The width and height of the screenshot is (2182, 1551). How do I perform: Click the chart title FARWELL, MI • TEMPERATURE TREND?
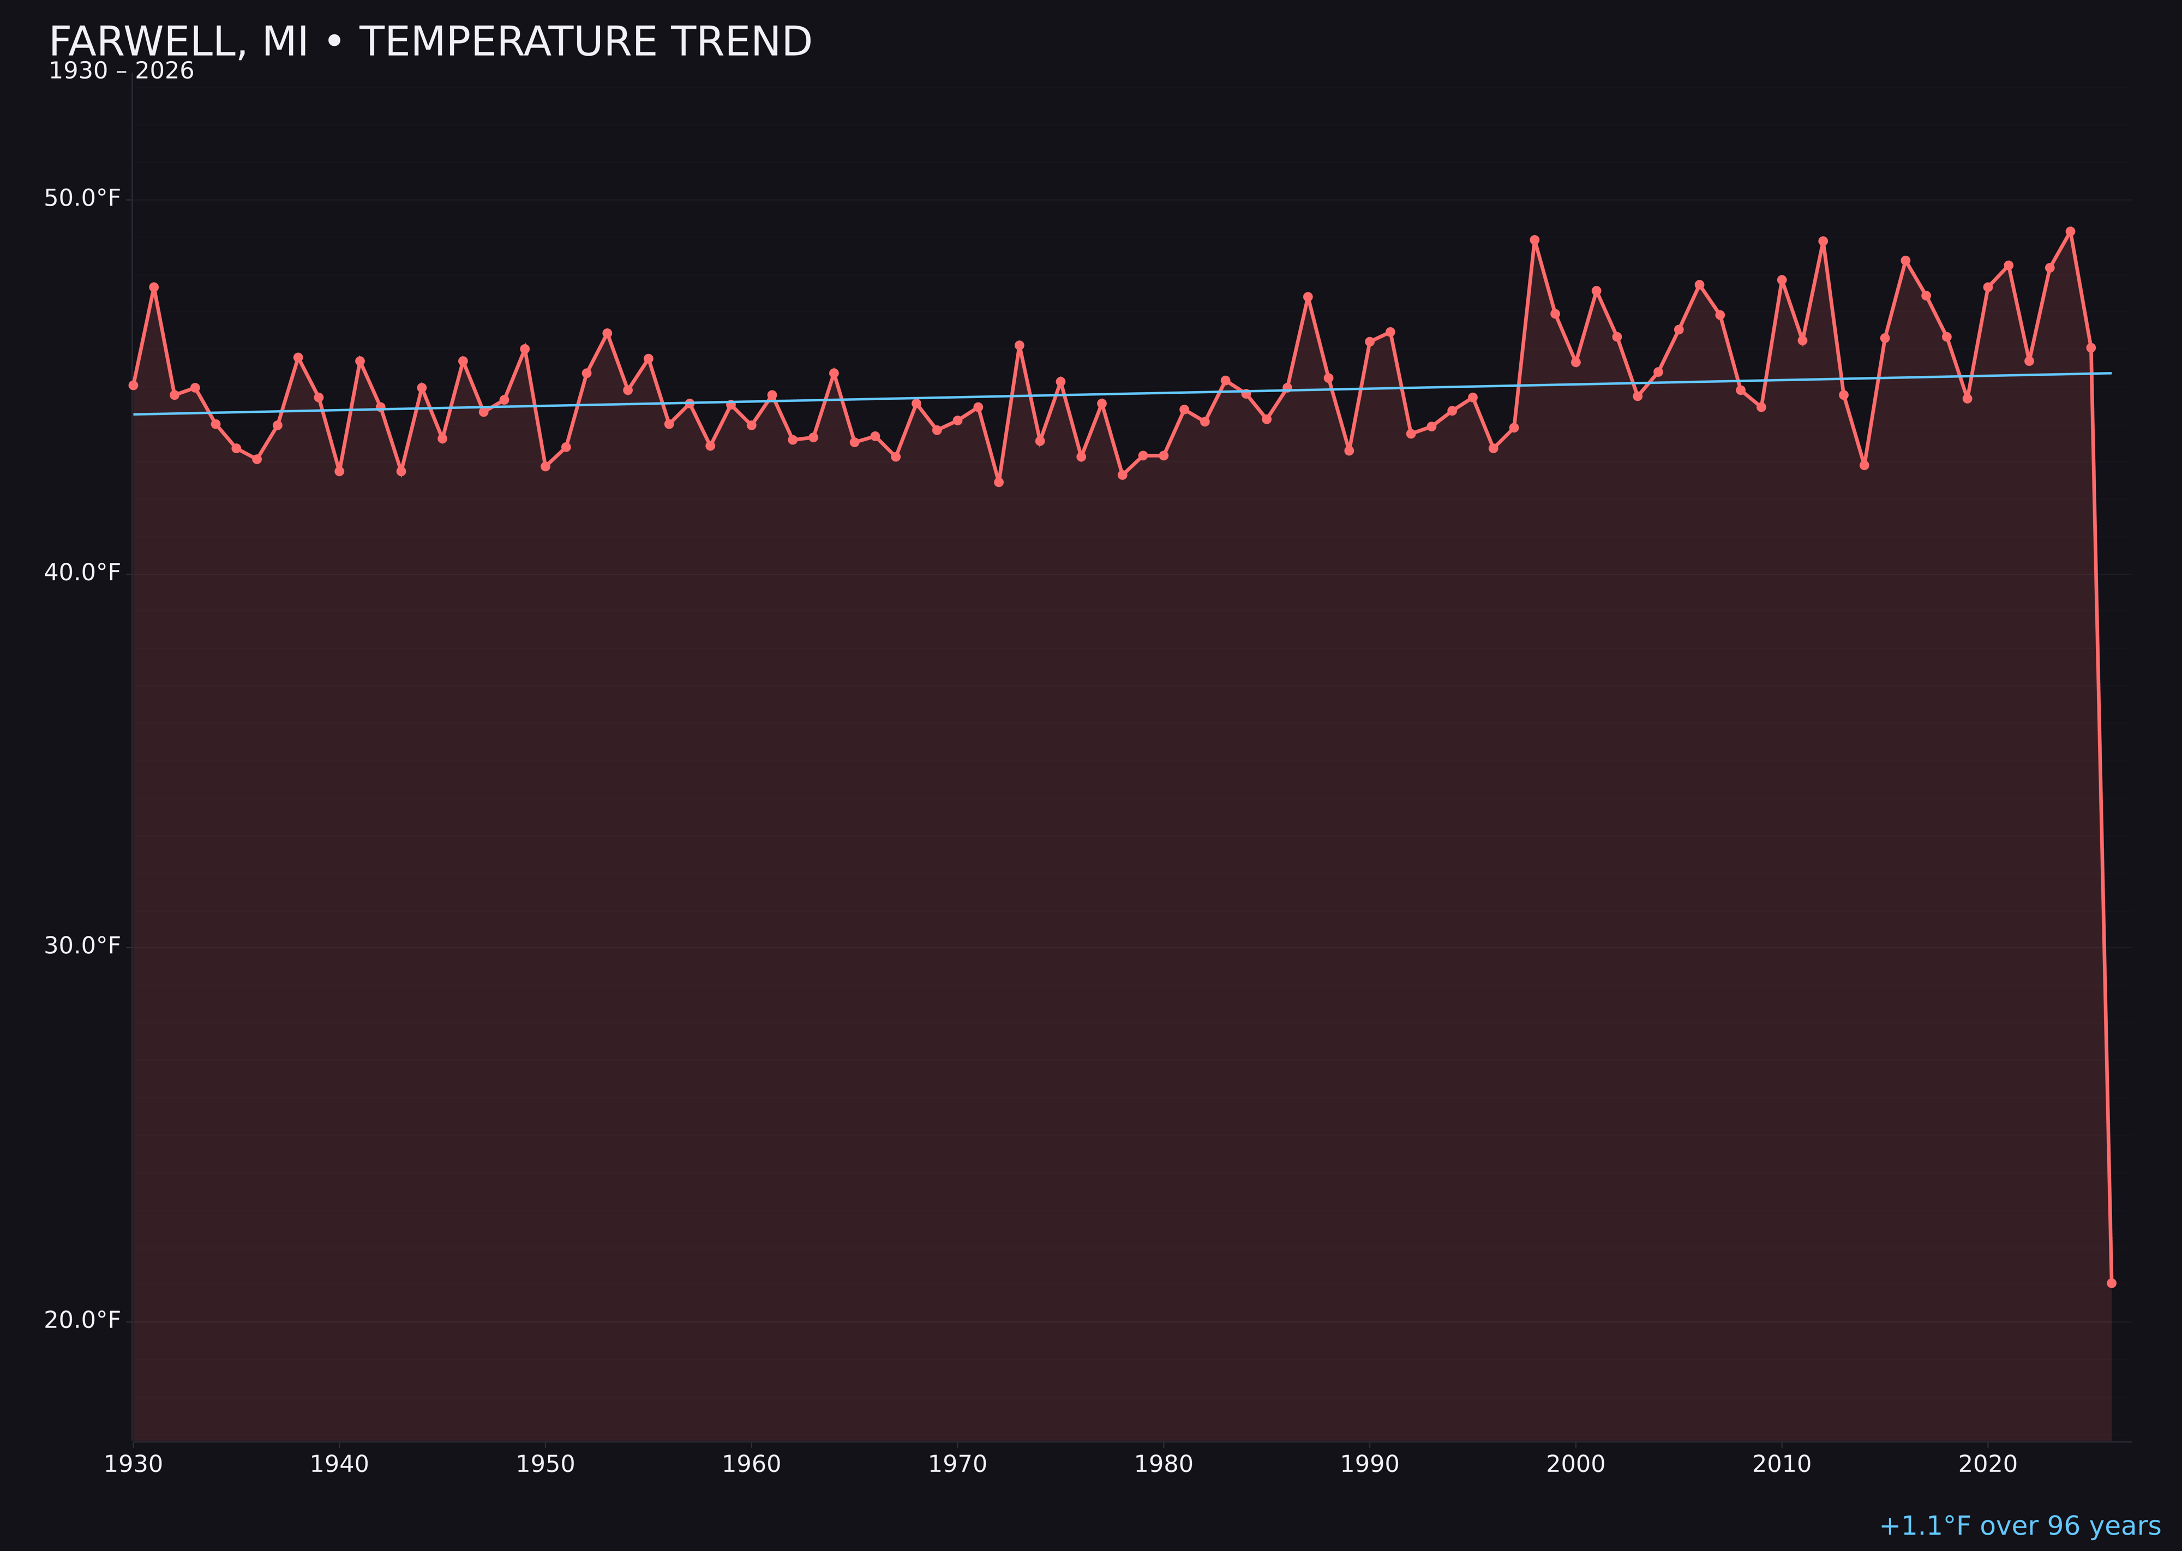[x=430, y=42]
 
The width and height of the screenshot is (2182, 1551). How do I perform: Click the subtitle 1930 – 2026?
[x=121, y=71]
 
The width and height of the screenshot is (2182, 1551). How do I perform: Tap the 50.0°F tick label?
[x=82, y=198]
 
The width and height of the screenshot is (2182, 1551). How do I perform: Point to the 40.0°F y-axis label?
[x=82, y=572]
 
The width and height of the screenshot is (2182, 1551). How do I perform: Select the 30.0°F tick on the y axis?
[x=82, y=946]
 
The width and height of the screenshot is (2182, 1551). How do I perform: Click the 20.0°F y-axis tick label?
[x=82, y=1320]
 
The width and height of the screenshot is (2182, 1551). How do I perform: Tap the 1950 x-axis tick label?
[x=545, y=1464]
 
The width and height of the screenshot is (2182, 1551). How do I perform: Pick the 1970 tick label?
[x=957, y=1464]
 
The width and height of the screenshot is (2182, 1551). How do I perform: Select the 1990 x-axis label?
[x=1369, y=1464]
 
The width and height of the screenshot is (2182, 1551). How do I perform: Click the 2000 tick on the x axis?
[x=1575, y=1464]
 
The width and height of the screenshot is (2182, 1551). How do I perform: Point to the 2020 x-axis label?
[x=1987, y=1464]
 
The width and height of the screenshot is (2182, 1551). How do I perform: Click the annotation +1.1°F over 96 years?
[x=2019, y=1526]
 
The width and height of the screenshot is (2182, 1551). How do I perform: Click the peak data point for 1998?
[x=1534, y=241]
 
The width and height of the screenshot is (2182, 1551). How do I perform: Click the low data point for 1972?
[x=998, y=482]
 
